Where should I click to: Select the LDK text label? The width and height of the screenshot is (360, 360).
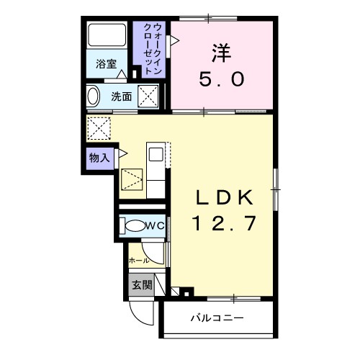tap(222, 197)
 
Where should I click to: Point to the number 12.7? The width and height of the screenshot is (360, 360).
tap(222, 224)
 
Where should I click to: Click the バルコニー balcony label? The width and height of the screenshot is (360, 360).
tap(217, 318)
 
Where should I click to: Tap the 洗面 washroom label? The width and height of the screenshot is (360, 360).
tap(120, 96)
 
